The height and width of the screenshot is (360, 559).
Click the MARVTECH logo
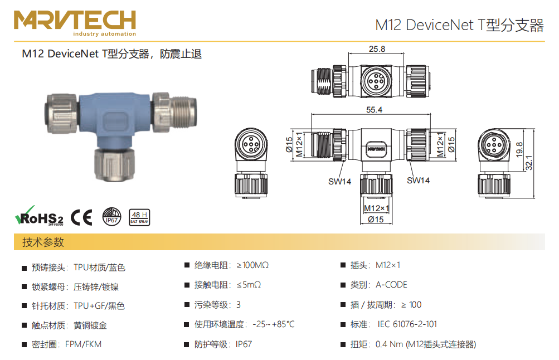75,22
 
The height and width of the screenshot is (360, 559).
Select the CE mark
81,217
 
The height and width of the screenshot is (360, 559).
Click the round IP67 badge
111,216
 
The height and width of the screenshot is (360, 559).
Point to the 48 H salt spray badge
139,217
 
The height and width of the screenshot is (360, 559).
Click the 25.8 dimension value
376,49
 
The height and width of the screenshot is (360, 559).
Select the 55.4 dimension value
374,110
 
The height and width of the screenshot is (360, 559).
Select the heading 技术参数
43,242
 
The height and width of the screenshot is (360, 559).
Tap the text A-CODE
391,285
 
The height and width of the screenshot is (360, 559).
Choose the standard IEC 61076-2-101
407,324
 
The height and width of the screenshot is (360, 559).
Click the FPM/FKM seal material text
84,344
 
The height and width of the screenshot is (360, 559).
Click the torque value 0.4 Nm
389,344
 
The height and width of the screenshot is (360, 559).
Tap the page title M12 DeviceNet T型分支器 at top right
459,25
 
